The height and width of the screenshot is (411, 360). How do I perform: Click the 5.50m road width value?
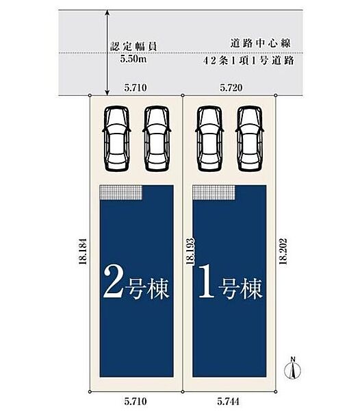pos(133,59)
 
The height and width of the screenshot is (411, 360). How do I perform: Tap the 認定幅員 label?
pos(133,47)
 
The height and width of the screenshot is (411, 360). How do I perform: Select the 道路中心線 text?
pos(261,43)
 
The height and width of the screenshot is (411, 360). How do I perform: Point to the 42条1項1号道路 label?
pos(248,61)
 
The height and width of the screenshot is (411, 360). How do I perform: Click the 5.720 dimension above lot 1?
pos(231,88)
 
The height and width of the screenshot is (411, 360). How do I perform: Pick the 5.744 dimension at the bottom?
pos(228,401)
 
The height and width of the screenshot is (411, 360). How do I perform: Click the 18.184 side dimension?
pos(83,251)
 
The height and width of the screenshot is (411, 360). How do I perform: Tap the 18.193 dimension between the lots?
pos(190,251)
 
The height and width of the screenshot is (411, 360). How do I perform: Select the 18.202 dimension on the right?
pos(283,251)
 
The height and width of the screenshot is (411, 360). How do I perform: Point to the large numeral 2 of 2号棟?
pos(113,282)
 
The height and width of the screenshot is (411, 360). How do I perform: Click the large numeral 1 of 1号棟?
pos(207,282)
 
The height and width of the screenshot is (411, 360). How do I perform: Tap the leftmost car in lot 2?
pos(117,138)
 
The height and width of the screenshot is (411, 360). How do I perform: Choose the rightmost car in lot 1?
pos(250,138)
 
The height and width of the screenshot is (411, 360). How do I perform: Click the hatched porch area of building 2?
pos(121,192)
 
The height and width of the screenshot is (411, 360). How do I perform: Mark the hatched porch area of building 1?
pos(214,192)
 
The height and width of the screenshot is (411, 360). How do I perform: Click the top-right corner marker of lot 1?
pos(276,95)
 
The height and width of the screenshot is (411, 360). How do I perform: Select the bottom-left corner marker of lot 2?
pos(90,392)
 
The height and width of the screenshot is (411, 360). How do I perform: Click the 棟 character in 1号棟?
pos(251,289)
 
